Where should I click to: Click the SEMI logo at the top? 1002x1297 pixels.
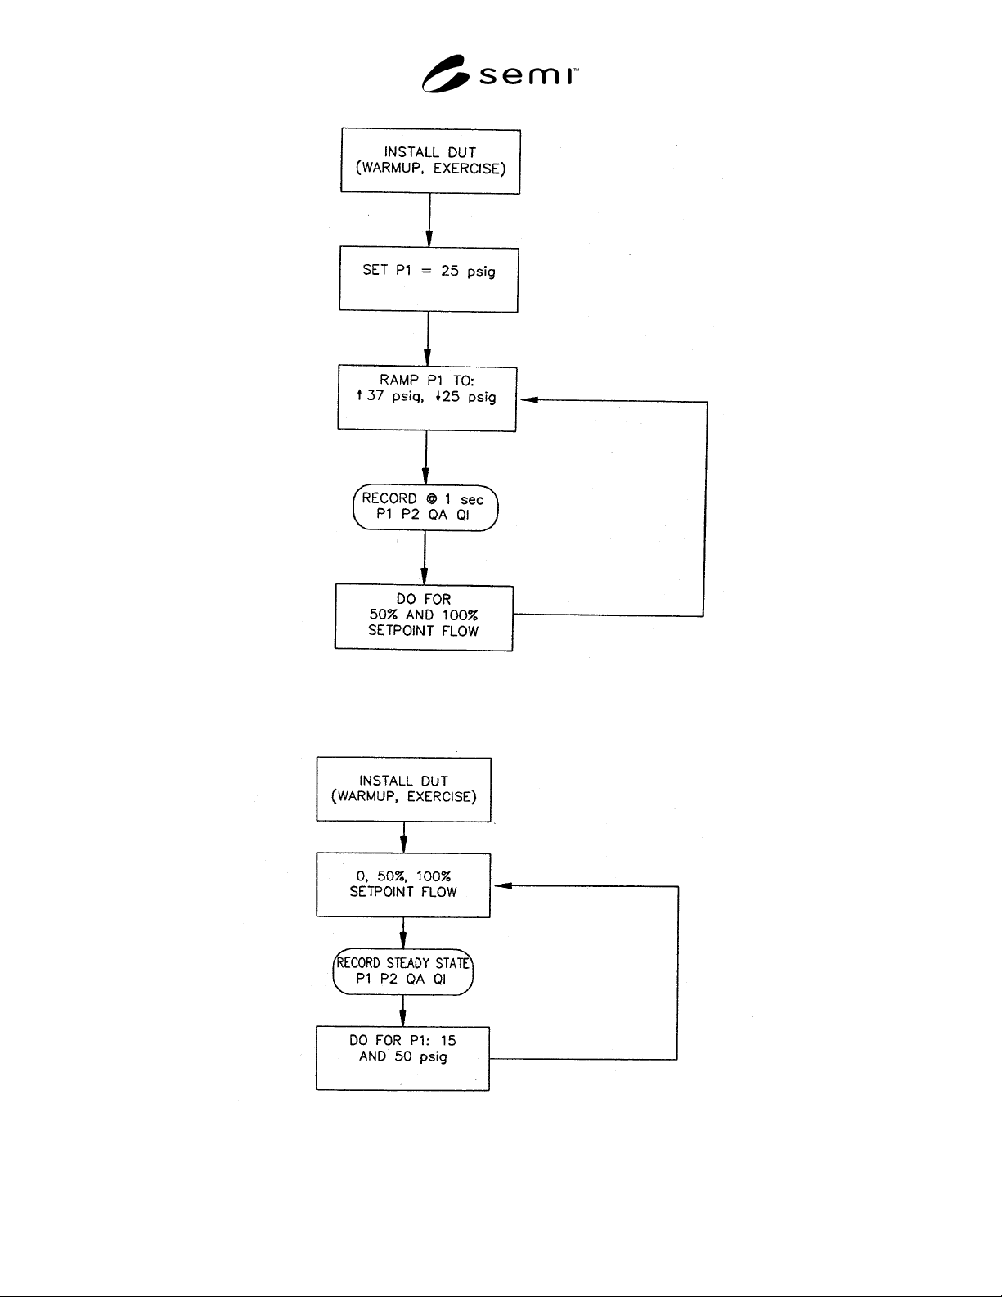[x=500, y=74]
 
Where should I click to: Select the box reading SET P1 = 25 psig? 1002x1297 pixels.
[x=429, y=280]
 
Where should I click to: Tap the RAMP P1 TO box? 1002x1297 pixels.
[x=427, y=399]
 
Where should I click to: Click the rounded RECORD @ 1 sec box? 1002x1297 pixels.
[x=425, y=507]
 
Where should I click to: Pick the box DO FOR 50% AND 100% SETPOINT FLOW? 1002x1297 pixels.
[x=424, y=617]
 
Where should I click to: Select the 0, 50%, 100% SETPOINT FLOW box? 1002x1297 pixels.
[x=403, y=885]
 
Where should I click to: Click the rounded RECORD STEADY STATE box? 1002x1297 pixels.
[x=403, y=971]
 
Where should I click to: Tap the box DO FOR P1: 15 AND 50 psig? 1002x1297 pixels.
[x=402, y=1058]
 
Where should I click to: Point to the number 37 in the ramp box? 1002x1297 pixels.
[x=375, y=395]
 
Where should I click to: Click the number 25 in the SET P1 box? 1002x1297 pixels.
[x=450, y=270]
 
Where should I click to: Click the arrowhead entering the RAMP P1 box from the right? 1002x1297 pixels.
[x=529, y=400]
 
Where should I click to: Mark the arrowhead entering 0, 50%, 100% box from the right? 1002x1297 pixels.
[x=503, y=885]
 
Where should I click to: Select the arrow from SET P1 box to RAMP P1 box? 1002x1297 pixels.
[x=428, y=339]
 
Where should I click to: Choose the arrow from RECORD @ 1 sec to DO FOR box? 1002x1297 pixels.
[x=425, y=557]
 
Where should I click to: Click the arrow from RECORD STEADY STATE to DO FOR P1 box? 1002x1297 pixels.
[x=402, y=1011]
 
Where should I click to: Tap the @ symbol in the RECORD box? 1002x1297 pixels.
[x=431, y=498]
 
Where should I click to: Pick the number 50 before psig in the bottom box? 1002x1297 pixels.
[x=403, y=1056]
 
